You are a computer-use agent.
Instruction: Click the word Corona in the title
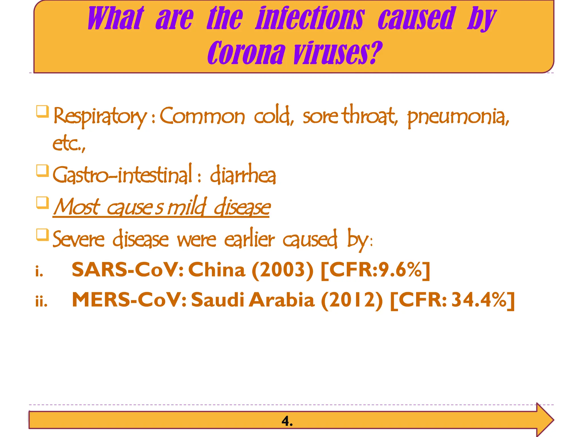coord(246,53)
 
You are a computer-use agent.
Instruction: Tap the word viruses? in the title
coord(338,53)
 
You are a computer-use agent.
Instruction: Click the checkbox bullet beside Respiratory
coord(42,112)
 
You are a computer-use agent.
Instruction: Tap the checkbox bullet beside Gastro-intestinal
coord(42,171)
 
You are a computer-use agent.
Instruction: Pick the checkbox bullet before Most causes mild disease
coord(42,203)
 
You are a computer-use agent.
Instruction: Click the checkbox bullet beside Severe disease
coord(42,235)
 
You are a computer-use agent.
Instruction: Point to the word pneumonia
coord(458,117)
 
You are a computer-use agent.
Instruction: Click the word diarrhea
coord(243,175)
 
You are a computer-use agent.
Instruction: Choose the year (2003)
coord(282,270)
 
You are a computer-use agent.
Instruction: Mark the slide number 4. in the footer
coord(287,421)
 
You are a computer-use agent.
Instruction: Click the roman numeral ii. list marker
coord(41,301)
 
